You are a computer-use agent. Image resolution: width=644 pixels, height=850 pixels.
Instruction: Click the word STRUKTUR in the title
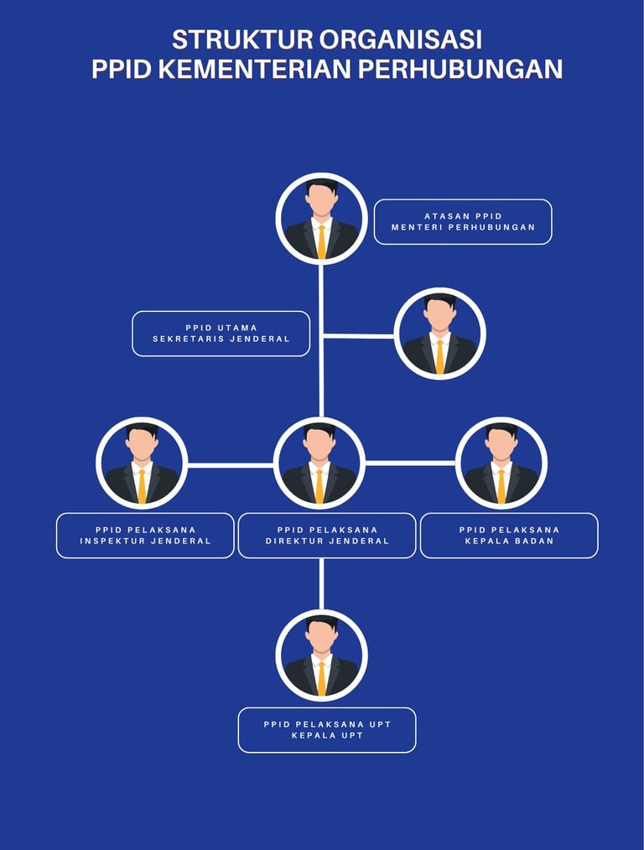241,39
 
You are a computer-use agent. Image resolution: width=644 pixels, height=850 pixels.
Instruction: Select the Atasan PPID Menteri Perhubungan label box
463,222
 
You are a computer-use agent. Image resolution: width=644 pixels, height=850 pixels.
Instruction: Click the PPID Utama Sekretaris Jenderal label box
221,334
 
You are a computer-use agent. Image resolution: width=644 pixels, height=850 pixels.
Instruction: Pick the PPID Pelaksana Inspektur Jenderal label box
145,536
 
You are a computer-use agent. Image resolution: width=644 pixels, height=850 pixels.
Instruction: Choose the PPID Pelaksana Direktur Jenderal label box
327,536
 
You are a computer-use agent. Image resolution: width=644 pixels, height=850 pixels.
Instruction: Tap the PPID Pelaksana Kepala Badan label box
509,536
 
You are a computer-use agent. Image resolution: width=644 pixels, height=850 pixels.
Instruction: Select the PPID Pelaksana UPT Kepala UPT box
327,730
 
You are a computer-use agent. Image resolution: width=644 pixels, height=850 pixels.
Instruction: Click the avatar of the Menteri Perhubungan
321,219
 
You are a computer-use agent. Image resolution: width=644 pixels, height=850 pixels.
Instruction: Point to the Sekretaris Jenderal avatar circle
440,334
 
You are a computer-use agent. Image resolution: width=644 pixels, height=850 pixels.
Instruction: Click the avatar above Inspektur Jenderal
142,464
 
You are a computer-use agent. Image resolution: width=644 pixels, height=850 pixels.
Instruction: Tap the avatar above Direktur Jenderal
319,464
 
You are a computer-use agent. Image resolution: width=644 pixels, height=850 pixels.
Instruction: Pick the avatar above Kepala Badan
501,464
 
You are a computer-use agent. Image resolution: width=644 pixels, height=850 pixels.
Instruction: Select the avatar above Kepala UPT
321,656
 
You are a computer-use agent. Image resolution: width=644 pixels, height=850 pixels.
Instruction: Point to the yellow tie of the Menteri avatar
321,241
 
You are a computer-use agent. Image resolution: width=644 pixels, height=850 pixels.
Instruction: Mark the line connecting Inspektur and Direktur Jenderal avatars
230,464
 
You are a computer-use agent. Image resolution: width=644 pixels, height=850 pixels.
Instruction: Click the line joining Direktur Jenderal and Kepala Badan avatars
410,463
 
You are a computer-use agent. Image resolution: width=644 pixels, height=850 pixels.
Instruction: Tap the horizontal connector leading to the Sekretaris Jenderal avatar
359,335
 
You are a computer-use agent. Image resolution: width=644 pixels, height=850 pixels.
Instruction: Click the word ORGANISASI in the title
401,39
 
